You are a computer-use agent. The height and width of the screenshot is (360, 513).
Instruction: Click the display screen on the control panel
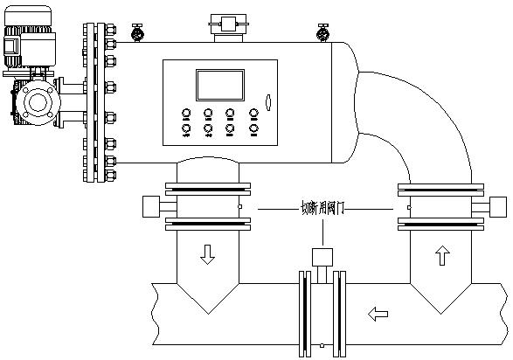point(220,85)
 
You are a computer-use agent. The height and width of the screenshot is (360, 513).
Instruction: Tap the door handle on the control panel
point(268,102)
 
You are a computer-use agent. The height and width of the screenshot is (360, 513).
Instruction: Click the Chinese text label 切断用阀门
point(322,208)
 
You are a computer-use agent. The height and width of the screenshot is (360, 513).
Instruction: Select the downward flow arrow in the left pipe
point(207,254)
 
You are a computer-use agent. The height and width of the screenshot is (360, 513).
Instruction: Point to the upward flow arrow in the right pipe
point(442,255)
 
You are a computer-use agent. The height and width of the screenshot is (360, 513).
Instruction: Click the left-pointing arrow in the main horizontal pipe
point(378,314)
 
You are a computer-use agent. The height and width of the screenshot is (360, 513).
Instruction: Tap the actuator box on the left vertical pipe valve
point(151,206)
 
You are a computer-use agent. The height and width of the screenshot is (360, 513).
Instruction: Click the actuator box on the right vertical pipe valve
point(498,207)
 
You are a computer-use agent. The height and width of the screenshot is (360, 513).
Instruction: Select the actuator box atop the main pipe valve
point(322,257)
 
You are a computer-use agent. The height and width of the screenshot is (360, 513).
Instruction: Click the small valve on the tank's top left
point(137,32)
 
